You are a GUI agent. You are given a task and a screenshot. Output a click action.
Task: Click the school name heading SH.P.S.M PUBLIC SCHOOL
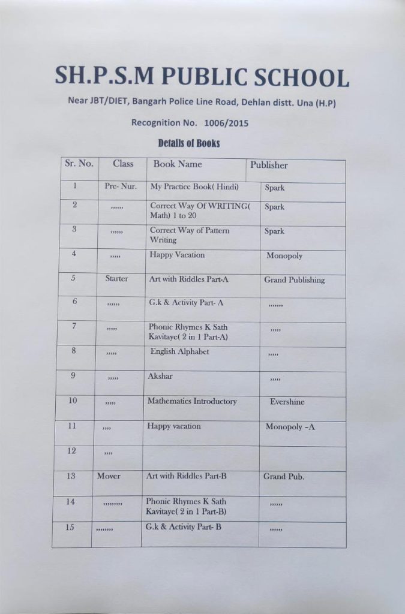(x=202, y=76)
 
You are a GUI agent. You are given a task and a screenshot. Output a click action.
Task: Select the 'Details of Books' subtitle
(x=189, y=143)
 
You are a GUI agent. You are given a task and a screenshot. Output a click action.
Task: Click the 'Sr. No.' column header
(x=79, y=164)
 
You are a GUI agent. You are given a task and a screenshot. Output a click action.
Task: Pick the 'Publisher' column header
(x=269, y=165)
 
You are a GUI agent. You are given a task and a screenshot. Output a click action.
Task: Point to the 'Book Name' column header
(x=178, y=164)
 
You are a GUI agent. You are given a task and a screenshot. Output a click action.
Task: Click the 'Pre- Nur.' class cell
(x=121, y=186)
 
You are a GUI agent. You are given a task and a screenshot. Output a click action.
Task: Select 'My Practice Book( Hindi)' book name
(x=194, y=186)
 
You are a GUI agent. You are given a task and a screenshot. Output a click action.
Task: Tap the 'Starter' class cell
(x=116, y=279)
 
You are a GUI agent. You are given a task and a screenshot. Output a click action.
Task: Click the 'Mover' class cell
(x=109, y=476)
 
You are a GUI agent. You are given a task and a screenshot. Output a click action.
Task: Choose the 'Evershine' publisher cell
(x=287, y=402)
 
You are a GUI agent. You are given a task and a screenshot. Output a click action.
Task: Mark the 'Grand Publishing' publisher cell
(x=294, y=279)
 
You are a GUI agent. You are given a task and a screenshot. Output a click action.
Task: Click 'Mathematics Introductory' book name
(x=192, y=401)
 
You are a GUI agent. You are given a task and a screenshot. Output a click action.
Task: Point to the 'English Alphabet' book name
(x=179, y=351)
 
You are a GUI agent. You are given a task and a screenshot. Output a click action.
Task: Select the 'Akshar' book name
(x=160, y=377)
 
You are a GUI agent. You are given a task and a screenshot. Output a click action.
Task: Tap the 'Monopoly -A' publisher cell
(x=290, y=427)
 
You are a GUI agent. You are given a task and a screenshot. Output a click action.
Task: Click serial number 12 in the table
(x=71, y=451)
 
